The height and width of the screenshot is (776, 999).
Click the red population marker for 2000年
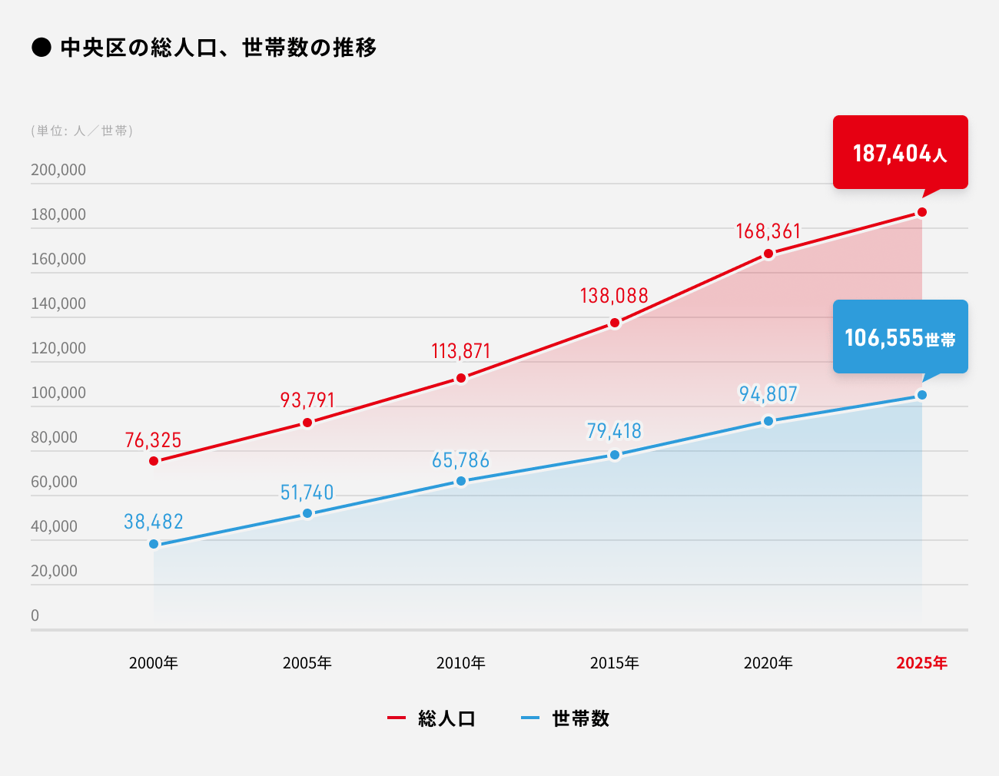click(154, 461)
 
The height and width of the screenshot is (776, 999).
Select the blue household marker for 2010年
click(461, 481)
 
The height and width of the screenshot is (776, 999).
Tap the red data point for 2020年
click(768, 254)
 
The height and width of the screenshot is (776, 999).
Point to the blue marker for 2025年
click(922, 395)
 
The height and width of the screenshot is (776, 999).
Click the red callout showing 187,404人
click(900, 152)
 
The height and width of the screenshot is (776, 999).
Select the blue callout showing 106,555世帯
click(900, 337)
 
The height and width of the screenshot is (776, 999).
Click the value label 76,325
click(153, 440)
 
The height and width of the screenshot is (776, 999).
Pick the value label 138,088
click(614, 296)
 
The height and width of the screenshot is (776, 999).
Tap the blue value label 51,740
click(307, 492)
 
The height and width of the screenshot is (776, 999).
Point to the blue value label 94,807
click(768, 394)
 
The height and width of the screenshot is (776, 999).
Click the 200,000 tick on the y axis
click(58, 170)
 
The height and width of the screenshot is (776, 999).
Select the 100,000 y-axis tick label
click(58, 393)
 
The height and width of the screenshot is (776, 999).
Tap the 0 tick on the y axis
click(35, 615)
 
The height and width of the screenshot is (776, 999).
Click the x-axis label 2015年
click(614, 663)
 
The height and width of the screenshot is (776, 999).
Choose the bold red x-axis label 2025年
click(921, 663)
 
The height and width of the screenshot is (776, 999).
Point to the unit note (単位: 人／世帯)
click(82, 131)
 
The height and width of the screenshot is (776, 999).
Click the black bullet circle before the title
click(41, 48)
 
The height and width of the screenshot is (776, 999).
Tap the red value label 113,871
click(460, 351)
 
